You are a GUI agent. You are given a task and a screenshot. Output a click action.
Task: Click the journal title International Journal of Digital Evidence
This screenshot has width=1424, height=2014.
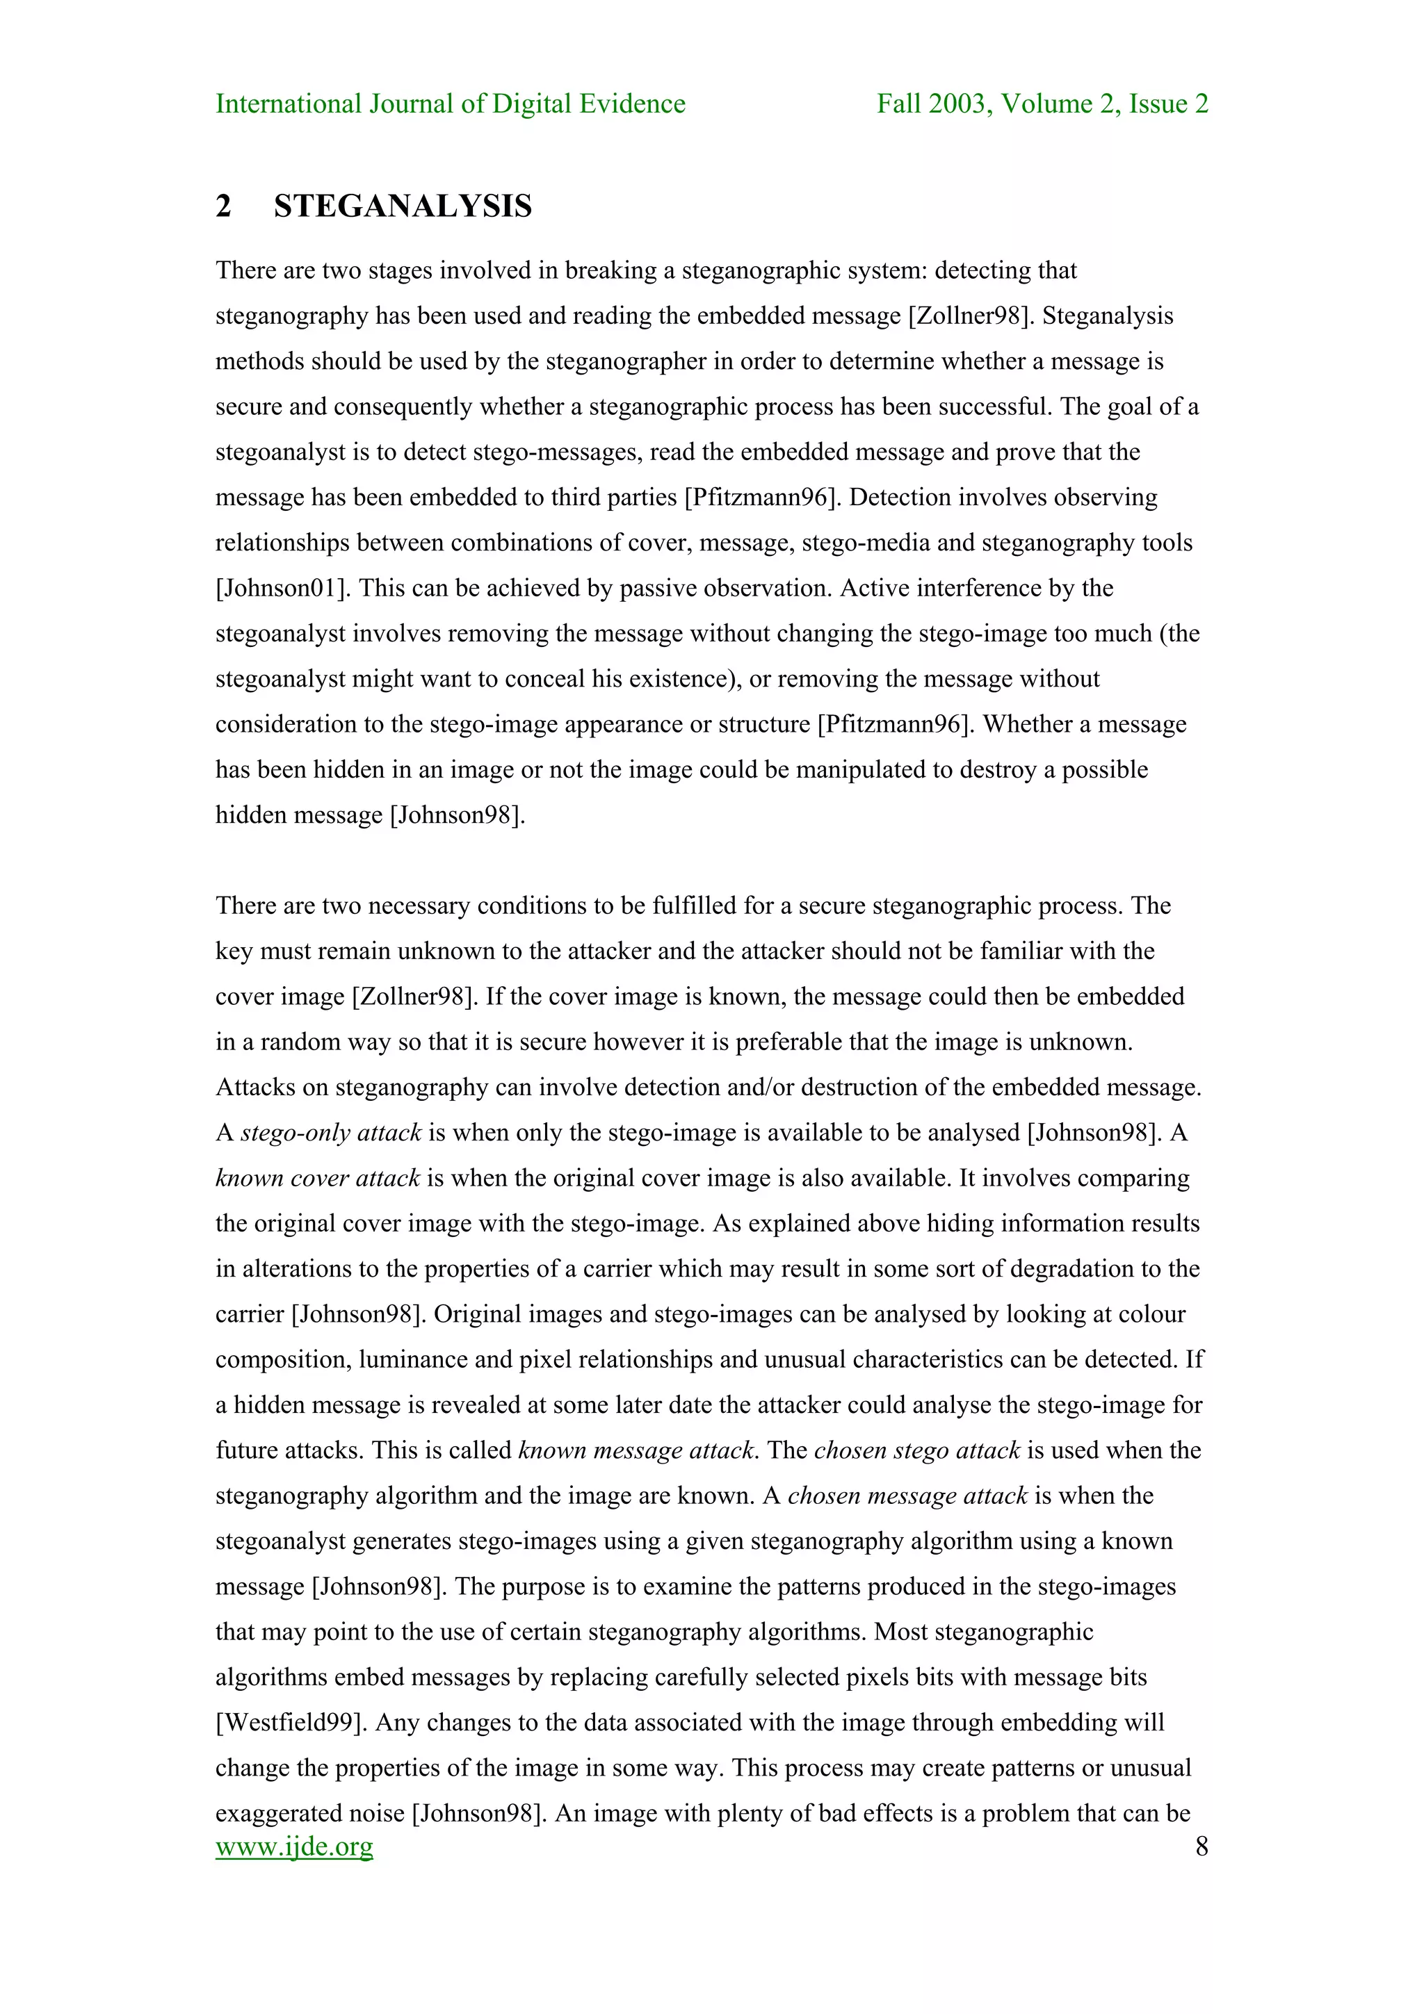point(450,104)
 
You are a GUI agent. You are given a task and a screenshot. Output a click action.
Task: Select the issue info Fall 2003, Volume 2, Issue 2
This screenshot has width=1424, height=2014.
point(1042,104)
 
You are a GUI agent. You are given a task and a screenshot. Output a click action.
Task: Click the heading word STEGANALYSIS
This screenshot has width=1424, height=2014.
point(403,206)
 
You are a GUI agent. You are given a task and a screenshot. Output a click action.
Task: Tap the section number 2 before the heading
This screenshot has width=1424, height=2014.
point(224,206)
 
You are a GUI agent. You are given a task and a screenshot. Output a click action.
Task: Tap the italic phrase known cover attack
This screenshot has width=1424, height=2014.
point(318,1178)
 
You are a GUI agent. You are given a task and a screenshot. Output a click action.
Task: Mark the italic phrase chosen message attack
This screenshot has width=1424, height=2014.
point(907,1496)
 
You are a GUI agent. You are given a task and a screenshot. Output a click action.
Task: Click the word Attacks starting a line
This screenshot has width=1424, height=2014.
point(254,1088)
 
